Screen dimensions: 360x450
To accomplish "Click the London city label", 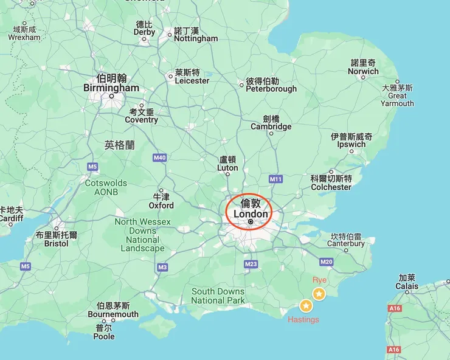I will (x=251, y=214).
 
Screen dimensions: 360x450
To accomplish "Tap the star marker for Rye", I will (x=319, y=294).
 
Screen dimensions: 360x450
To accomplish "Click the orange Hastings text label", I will (x=303, y=320).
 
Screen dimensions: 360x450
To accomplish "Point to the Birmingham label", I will (x=111, y=88).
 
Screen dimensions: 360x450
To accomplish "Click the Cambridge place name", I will (x=271, y=126).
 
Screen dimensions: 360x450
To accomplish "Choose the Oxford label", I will (x=161, y=206).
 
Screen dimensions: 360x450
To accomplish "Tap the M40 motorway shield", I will (x=159, y=158).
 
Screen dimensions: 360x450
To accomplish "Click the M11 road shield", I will (x=275, y=179).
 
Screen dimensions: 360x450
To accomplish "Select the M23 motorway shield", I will (x=251, y=264).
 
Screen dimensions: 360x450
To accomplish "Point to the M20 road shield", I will (x=326, y=262).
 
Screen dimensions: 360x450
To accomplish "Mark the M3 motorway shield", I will (x=162, y=267).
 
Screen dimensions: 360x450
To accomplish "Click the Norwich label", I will (x=364, y=71).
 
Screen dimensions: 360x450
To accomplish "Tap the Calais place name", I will (x=407, y=286).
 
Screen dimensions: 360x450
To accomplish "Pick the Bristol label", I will (x=57, y=243).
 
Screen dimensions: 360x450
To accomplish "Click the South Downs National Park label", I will (x=218, y=296).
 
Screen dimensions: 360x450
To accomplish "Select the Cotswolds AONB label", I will (x=106, y=187).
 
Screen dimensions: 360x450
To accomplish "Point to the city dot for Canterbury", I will (x=346, y=250).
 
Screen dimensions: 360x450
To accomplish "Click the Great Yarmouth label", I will (x=397, y=100).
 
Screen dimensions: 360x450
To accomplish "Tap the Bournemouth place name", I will (x=113, y=314).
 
